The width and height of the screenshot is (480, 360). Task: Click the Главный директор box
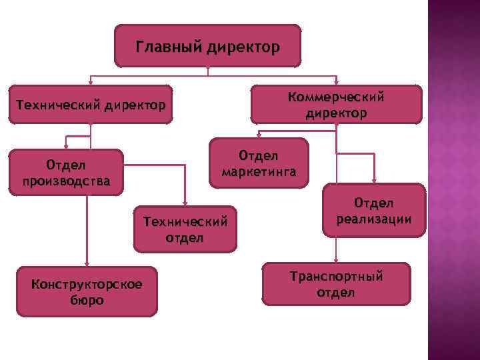pos(207,47)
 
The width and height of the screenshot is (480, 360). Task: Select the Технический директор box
pos(91,105)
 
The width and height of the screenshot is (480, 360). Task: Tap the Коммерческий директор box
pos(336,105)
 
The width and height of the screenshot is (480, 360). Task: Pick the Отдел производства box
pos(66,172)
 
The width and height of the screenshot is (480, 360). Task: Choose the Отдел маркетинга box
pos(259,163)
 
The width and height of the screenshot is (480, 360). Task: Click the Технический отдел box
pos(185,229)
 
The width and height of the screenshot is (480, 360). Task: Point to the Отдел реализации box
pos(373,210)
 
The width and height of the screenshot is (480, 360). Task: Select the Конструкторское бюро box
pos(87,292)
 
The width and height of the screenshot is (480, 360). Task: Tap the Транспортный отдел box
pos(336,284)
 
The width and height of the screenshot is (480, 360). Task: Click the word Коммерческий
pos(336,97)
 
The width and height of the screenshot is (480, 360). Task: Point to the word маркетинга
pos(259,171)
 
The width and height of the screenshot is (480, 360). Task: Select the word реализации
pos(373,219)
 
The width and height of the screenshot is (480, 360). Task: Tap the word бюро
pos(87,301)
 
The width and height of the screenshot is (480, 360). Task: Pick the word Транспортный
pos(336,276)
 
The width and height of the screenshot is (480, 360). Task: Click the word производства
pos(66,181)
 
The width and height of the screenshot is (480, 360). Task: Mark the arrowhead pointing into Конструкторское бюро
pos(87,263)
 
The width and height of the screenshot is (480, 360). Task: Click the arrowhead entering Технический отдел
pos(185,202)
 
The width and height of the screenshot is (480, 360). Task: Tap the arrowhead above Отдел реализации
pos(374,180)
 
